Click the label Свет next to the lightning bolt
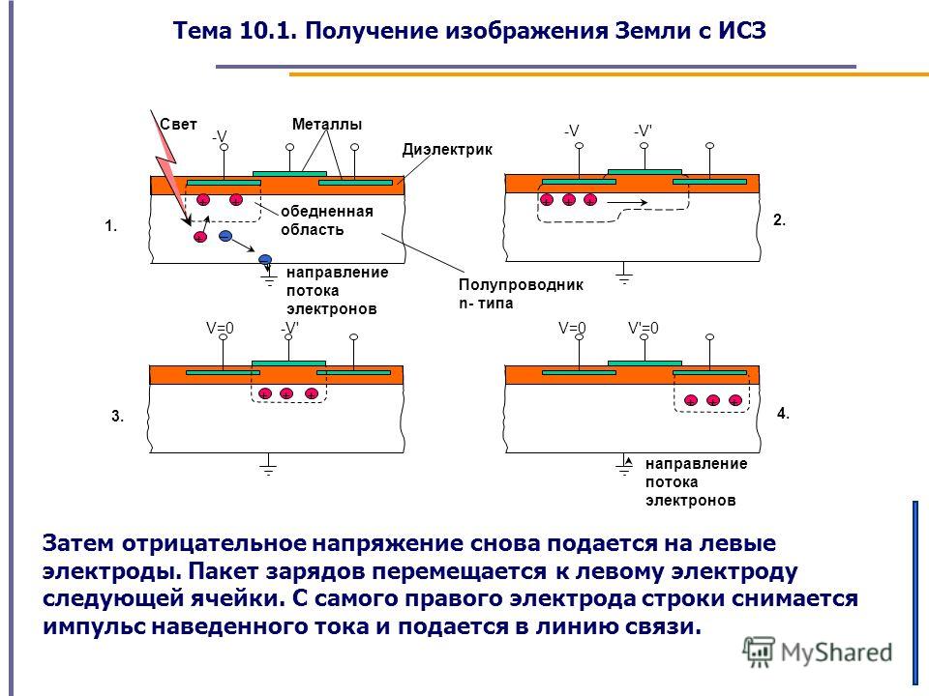[178, 125]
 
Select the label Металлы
[327, 125]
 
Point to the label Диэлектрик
[447, 149]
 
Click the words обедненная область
[327, 220]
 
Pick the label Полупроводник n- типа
[521, 294]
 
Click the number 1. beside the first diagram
[111, 225]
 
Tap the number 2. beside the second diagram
[780, 220]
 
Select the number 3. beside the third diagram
[118, 416]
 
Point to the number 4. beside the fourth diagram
[783, 413]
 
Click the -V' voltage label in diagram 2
[643, 130]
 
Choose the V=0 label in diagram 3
[220, 328]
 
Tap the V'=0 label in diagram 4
[644, 328]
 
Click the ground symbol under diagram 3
[268, 465]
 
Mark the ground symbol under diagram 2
[624, 273]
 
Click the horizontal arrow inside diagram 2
[627, 203]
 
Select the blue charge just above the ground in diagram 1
[265, 259]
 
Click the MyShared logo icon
[759, 652]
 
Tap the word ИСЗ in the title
[743, 30]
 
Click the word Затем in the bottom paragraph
[79, 542]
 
